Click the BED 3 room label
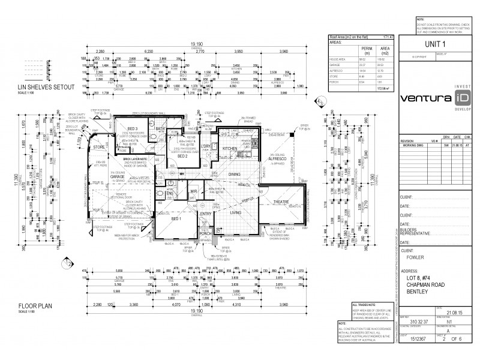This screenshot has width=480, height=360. click(133, 128)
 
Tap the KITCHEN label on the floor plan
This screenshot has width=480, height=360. click(231, 148)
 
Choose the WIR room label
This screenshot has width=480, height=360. click(194, 192)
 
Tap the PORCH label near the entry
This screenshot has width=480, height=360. click(206, 233)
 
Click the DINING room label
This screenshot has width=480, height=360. click(235, 175)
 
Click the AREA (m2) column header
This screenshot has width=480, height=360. click(386, 49)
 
